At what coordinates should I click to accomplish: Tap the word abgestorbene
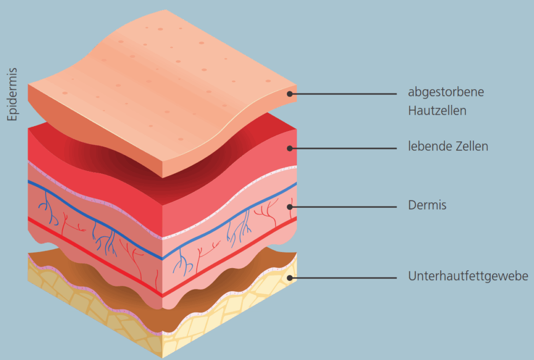(x=446, y=92)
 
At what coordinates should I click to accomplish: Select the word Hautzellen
(x=437, y=111)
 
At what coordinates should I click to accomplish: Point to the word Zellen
(x=471, y=146)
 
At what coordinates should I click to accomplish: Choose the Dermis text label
(x=427, y=206)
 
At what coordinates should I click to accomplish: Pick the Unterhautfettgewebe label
(x=468, y=276)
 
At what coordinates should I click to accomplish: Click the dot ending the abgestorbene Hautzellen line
(x=290, y=94)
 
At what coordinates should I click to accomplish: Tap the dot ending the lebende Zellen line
(x=290, y=148)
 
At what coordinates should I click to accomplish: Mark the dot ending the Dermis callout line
(x=290, y=207)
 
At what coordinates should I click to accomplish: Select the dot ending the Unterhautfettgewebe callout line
(x=290, y=278)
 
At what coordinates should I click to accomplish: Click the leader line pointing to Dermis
(x=344, y=207)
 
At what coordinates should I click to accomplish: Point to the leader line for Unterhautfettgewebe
(x=344, y=278)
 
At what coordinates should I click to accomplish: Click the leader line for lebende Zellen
(x=344, y=148)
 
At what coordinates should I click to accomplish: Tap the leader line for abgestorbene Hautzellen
(x=344, y=94)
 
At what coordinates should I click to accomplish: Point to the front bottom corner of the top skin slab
(x=163, y=176)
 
